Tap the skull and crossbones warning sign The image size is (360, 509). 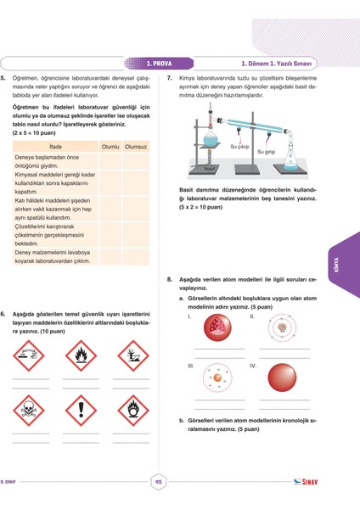30,411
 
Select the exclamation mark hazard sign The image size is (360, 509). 81,411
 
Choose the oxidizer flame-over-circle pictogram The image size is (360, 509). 132,411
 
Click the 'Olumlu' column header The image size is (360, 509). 110,147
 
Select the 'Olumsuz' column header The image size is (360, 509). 136,147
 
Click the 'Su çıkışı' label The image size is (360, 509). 239,147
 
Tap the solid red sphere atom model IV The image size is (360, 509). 280,378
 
